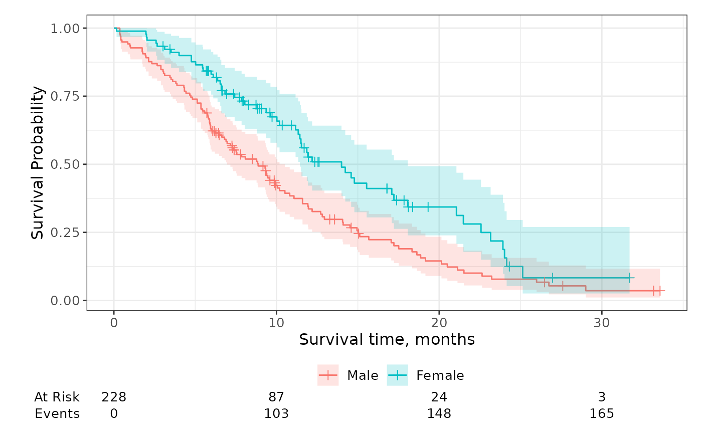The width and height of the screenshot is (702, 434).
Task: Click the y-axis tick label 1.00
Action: [x=65, y=28]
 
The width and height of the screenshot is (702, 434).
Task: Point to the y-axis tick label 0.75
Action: [x=65, y=96]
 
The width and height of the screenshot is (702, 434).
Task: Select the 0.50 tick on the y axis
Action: [x=65, y=164]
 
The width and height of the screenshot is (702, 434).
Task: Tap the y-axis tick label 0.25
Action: [x=65, y=233]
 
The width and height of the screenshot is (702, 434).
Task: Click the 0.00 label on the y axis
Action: [x=65, y=301]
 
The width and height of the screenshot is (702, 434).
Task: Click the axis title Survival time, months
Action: [x=387, y=340]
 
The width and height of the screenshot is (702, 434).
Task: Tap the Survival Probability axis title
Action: [x=38, y=163]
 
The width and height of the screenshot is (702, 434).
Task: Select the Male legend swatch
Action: [x=328, y=375]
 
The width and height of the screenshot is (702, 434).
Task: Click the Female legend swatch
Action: [x=398, y=375]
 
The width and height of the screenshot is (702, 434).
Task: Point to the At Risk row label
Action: [x=57, y=397]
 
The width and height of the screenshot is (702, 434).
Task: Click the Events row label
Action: [x=57, y=414]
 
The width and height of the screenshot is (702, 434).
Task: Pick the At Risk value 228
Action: [x=114, y=397]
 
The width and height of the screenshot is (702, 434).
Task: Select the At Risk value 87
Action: [x=276, y=397]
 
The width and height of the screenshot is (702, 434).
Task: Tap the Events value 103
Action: [x=276, y=414]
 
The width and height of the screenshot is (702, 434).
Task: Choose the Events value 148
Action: [x=439, y=414]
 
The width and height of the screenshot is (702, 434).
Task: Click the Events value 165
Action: [x=602, y=414]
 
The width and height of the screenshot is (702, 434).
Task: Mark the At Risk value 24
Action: [x=439, y=397]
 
